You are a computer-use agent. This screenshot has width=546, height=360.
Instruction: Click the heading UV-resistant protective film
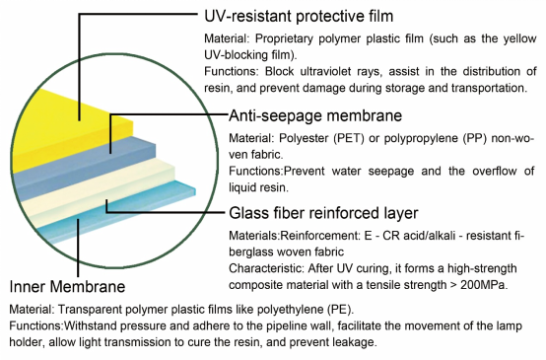pos(299,16)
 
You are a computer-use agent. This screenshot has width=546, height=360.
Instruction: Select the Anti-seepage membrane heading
pos(315,115)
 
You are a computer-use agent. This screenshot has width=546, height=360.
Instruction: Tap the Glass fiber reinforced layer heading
pos(323,213)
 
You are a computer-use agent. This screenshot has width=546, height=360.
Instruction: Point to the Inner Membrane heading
pos(67,286)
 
